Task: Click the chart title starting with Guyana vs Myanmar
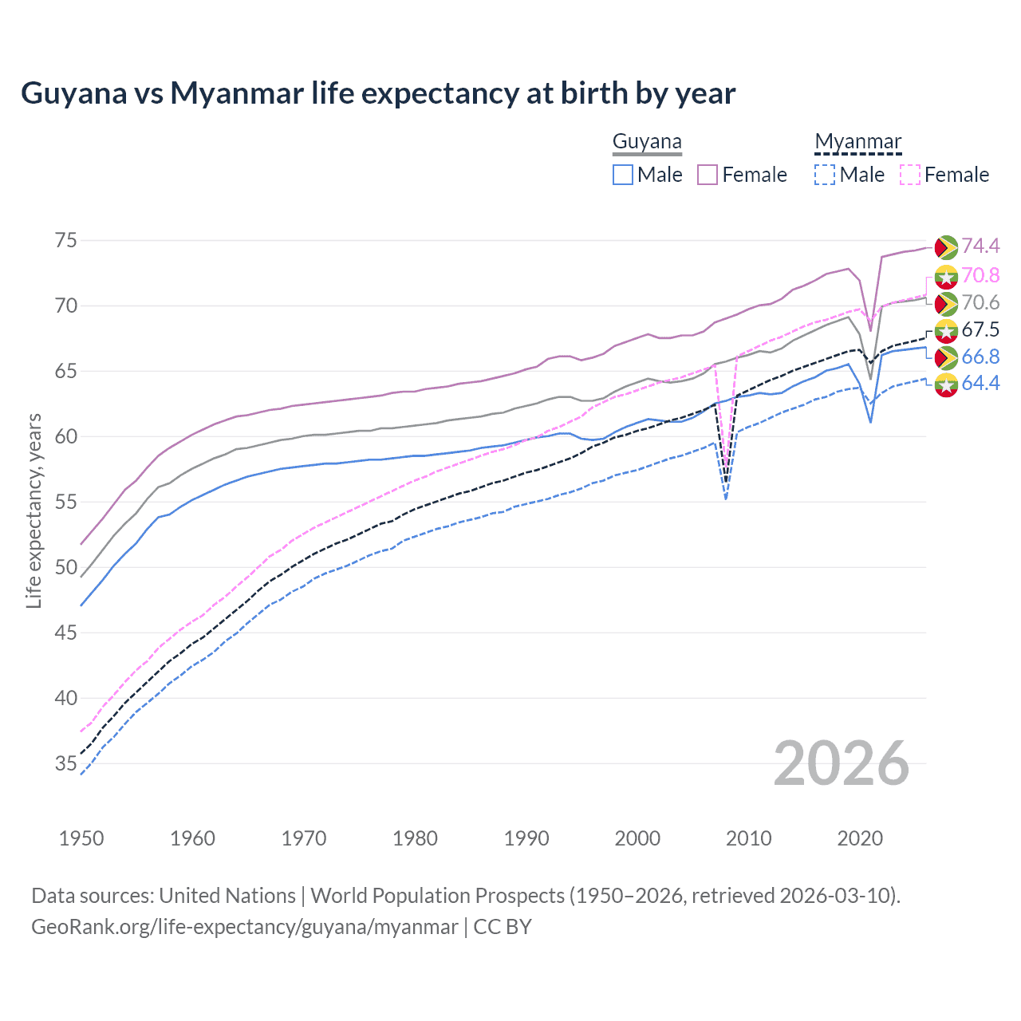pos(378,93)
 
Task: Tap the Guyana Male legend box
pos(623,175)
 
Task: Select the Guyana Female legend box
pos(708,175)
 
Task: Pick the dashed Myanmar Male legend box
pos(825,175)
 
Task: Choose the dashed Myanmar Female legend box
pos(909,175)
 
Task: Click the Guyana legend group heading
pos(647,142)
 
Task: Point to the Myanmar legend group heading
pos(857,142)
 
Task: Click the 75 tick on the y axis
pos(65,240)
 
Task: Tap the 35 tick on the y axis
pos(65,763)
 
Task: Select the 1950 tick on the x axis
pos(81,838)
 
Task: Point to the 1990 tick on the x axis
pos(526,838)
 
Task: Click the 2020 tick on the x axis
pos(860,838)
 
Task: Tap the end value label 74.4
pos(980,246)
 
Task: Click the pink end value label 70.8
pos(980,275)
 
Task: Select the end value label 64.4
pos(980,383)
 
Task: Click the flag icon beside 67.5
pos(946,330)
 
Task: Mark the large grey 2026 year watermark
pos(842,763)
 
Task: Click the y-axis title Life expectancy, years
pos(34,510)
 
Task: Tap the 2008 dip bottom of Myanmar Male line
pos(726,499)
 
